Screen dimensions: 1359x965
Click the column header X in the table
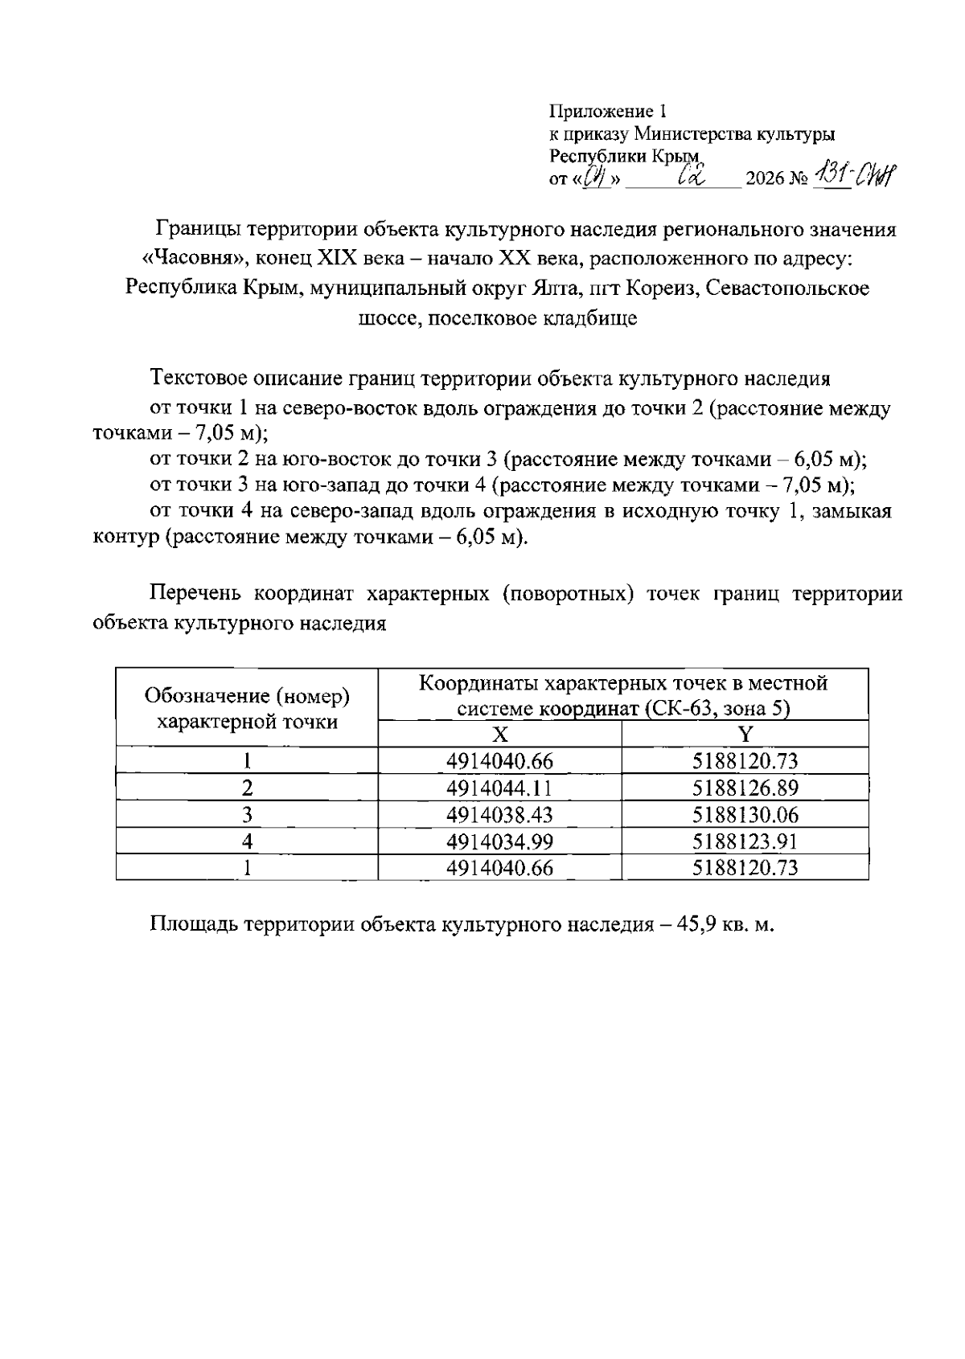click(x=499, y=734)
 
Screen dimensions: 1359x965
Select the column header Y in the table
click(x=745, y=734)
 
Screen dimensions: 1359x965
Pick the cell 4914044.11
click(x=499, y=788)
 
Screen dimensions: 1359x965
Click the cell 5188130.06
click(x=745, y=815)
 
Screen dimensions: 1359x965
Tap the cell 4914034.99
click(x=499, y=841)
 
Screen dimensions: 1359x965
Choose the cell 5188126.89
click(x=745, y=788)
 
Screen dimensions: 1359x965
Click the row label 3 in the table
click(x=248, y=815)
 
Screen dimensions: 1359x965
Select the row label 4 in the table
click(x=248, y=841)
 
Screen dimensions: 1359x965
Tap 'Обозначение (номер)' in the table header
click(x=247, y=694)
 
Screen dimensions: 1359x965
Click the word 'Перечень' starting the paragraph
click(x=195, y=594)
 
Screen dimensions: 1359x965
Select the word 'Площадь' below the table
click(x=193, y=924)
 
